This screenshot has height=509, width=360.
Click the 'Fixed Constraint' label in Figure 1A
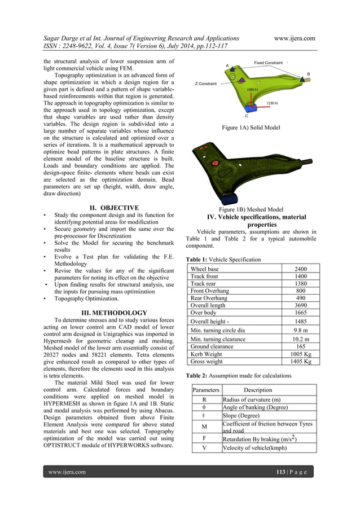pyautogui.click(x=268, y=63)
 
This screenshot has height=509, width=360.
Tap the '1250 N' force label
pyautogui.click(x=271, y=103)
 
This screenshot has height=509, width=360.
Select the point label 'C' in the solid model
pyautogui.click(x=246, y=116)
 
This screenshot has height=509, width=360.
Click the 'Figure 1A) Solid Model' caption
pyautogui.click(x=251, y=128)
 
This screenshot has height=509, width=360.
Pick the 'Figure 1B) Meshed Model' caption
pyautogui.click(x=251, y=209)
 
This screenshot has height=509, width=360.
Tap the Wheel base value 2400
pyautogui.click(x=301, y=269)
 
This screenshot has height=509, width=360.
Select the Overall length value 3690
pyautogui.click(x=301, y=304)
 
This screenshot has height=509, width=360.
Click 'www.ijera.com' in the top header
pyautogui.click(x=294, y=38)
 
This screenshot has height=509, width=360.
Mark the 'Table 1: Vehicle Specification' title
pyautogui.click(x=223, y=260)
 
